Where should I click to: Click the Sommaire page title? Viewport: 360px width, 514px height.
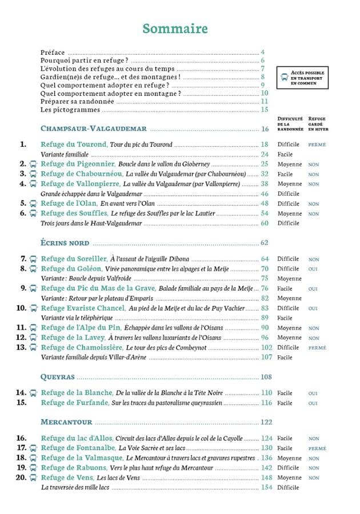click(x=175, y=29)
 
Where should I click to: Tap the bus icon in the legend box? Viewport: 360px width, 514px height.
click(x=283, y=78)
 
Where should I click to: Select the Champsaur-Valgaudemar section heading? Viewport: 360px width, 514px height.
click(x=94, y=129)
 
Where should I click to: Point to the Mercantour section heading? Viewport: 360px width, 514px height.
click(x=67, y=423)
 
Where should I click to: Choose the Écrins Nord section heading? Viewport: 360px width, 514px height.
click(x=65, y=243)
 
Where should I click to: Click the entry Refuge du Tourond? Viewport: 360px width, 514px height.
click(x=74, y=144)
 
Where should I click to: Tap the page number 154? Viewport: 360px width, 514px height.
click(x=266, y=488)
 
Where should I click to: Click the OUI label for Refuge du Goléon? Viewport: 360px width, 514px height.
click(x=313, y=269)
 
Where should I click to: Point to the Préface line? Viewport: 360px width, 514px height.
click(x=53, y=52)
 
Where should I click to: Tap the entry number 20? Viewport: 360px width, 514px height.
click(x=21, y=477)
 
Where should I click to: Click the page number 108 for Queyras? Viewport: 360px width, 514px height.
click(x=266, y=377)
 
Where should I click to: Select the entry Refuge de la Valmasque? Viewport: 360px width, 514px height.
click(x=80, y=458)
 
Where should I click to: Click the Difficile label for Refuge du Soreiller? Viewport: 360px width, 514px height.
click(x=288, y=259)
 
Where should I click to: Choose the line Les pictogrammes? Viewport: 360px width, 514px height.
click(x=62, y=110)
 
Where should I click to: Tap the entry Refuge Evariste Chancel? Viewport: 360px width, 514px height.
click(x=83, y=308)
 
